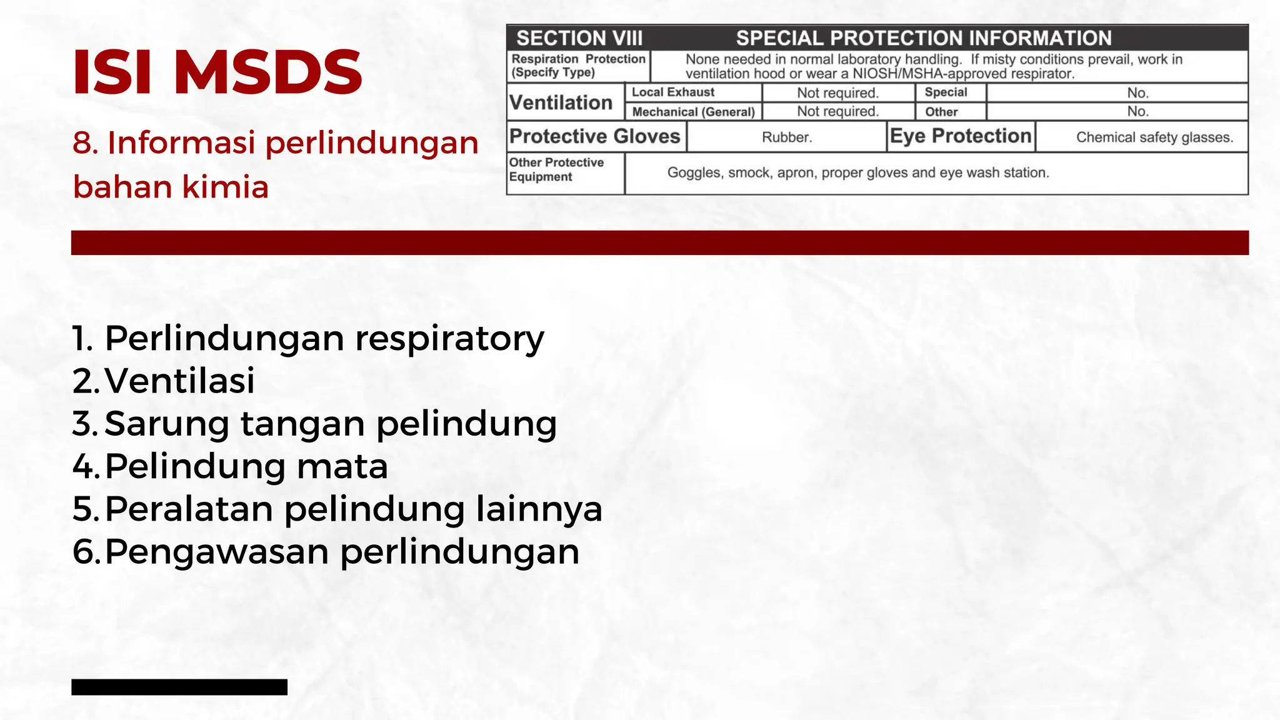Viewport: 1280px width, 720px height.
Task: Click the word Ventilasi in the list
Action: [180, 381]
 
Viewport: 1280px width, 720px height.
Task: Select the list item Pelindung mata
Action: [246, 466]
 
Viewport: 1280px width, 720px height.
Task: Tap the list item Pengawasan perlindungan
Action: [342, 552]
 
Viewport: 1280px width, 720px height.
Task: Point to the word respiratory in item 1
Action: [449, 339]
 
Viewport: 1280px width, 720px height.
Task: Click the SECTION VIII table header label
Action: [579, 38]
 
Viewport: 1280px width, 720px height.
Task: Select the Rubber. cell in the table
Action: [786, 137]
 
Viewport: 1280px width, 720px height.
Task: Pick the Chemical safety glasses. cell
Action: [1154, 137]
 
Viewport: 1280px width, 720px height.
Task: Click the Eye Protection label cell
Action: [960, 136]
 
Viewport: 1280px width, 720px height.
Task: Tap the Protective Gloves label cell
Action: [594, 136]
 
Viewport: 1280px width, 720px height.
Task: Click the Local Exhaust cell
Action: [672, 92]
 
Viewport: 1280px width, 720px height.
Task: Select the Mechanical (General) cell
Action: [693, 112]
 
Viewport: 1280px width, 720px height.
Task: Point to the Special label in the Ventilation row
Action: [946, 92]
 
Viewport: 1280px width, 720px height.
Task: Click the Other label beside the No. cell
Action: [941, 112]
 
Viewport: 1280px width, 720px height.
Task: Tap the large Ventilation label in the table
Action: [561, 102]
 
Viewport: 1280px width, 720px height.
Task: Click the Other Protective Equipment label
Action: [556, 169]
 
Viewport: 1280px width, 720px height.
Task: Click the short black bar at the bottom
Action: [179, 687]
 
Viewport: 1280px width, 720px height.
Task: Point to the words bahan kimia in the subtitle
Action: [171, 187]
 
